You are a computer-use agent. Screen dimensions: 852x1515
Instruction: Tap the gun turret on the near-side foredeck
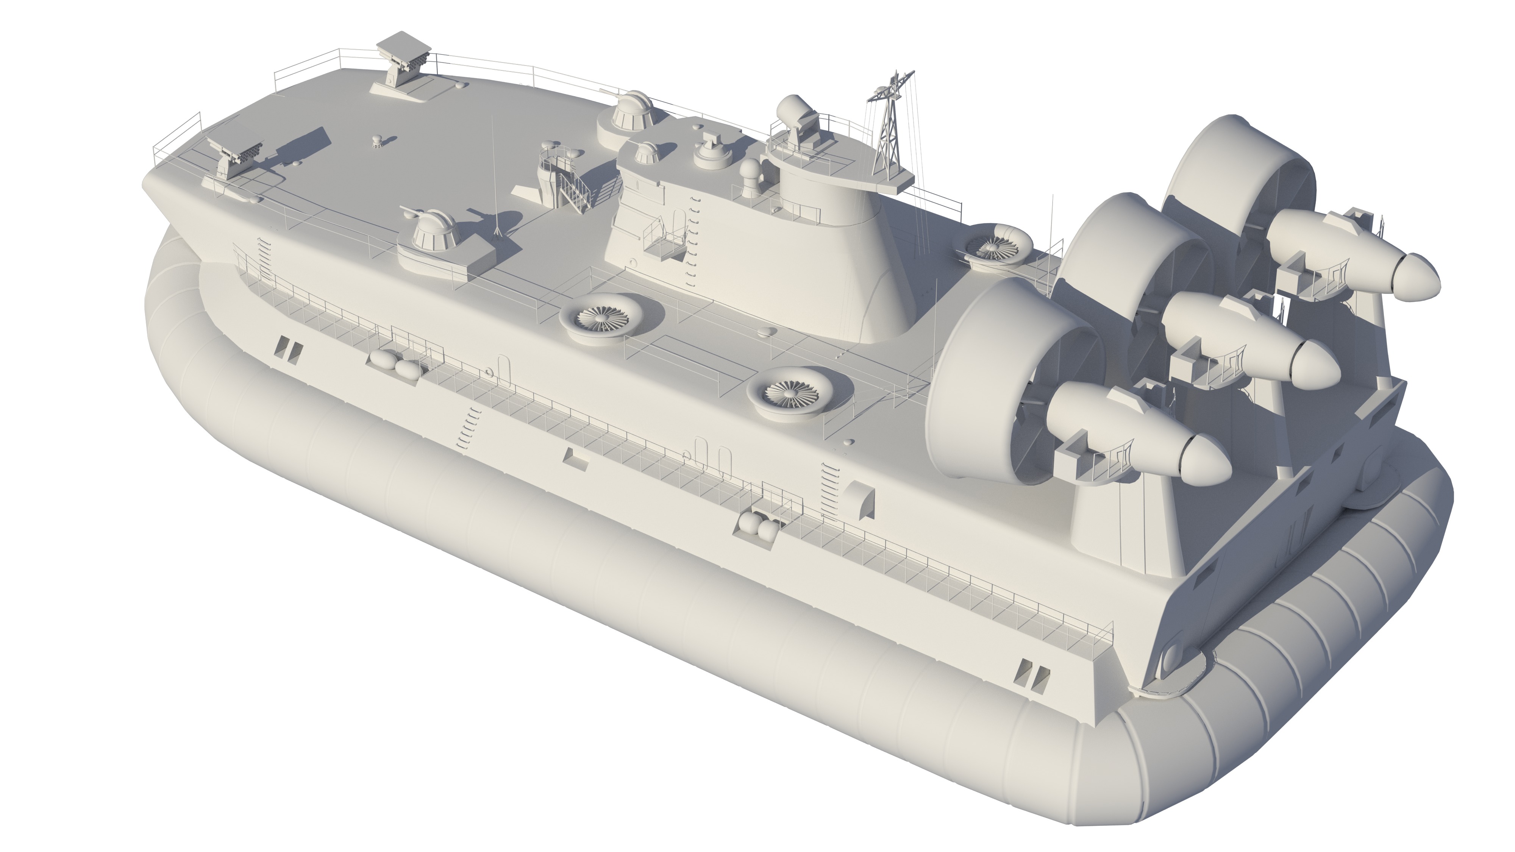point(433,231)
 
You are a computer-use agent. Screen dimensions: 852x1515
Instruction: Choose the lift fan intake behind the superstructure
point(994,245)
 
